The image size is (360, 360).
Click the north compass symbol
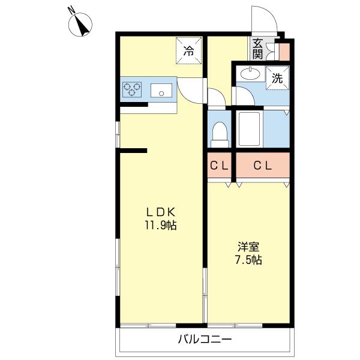[x=80, y=25]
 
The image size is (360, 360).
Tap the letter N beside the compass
[x=71, y=10]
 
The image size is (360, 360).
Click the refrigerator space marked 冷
[x=189, y=51]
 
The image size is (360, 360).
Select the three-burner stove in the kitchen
[x=132, y=89]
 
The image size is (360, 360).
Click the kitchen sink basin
[x=161, y=90]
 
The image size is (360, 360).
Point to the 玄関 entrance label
[x=257, y=49]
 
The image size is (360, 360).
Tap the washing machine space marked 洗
[x=277, y=78]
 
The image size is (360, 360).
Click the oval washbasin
[x=250, y=73]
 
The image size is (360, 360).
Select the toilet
[x=220, y=135]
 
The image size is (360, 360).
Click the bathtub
[x=250, y=128]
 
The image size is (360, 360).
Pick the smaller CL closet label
[x=219, y=166]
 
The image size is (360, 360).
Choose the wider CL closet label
[x=263, y=166]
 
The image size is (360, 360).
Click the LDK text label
[x=161, y=212]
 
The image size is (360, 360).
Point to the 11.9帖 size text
[x=160, y=225]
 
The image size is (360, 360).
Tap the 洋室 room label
[x=248, y=247]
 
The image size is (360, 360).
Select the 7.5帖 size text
[x=248, y=260]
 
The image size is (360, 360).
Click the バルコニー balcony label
[x=205, y=339]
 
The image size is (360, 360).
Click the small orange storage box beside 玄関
[x=284, y=52]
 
